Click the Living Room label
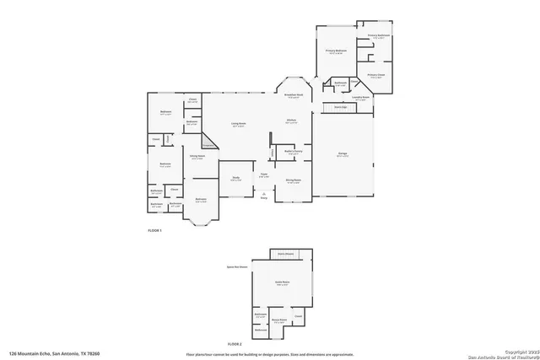[239, 124]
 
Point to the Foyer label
[264, 175]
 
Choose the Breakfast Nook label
[294, 95]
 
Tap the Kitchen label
[291, 121]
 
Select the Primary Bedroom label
[337, 52]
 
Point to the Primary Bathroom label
[377, 36]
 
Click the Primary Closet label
[375, 75]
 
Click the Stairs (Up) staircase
[342, 108]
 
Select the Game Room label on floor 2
[282, 284]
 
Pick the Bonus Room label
[279, 320]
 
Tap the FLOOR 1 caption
[154, 229]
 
